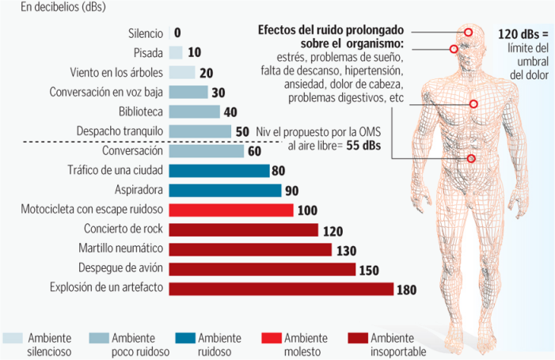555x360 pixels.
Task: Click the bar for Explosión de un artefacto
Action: tap(281, 289)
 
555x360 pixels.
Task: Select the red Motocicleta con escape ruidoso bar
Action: tap(231, 210)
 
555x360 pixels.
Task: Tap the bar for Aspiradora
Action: tap(225, 190)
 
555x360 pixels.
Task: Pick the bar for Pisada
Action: tap(176, 53)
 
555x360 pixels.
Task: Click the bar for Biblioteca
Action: tap(194, 112)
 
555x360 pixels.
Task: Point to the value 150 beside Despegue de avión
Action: tap(369, 271)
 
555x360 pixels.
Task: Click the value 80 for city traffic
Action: tap(278, 171)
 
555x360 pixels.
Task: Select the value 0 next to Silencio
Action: tap(177, 33)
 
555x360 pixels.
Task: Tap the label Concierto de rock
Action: tap(124, 229)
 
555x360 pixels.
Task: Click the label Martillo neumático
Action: tap(120, 248)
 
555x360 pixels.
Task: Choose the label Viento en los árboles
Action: tap(116, 73)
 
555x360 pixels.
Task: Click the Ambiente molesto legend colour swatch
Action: tap(272, 338)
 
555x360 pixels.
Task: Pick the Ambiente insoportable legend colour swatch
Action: tap(358, 338)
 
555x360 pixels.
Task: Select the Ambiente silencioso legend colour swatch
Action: tap(13, 338)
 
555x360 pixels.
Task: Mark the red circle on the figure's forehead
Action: tap(468, 32)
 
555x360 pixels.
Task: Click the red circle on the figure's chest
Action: tap(473, 104)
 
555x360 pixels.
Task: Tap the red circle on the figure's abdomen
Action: tap(471, 159)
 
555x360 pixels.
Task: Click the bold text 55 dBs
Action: tap(363, 146)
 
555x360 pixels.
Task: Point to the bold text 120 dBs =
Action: tap(523, 34)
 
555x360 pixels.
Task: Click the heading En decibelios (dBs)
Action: tap(63, 6)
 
